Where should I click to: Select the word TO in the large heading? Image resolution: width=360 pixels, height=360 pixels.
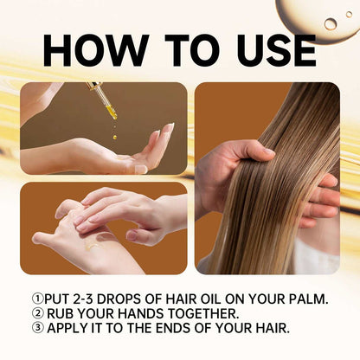[x=180, y=51]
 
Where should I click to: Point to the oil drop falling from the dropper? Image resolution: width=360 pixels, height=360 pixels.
[x=114, y=135]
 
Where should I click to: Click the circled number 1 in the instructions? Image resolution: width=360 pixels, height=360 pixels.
[x=35, y=299]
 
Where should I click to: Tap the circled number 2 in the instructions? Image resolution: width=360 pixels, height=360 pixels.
[x=35, y=313]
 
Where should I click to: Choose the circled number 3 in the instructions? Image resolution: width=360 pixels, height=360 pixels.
[x=35, y=328]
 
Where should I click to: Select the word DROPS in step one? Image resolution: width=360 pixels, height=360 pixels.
[x=128, y=299]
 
